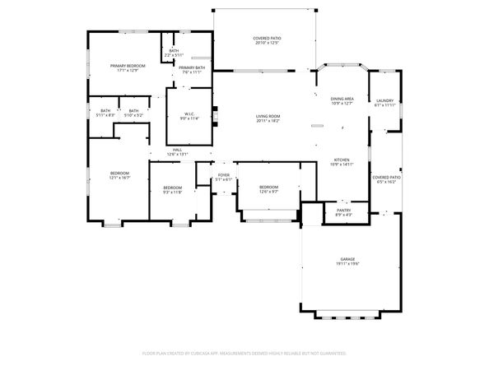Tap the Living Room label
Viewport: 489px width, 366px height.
(268, 117)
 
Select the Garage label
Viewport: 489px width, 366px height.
(348, 259)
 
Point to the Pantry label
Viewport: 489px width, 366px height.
(343, 211)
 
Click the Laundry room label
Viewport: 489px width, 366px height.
(384, 100)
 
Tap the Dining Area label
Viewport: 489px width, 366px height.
(342, 98)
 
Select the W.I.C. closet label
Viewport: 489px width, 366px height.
(189, 114)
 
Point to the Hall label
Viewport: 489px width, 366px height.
(178, 150)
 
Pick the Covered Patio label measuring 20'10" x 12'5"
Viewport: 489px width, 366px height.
(267, 38)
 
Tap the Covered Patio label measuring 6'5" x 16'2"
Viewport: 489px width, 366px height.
(385, 177)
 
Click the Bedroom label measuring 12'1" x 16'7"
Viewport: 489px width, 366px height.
(120, 173)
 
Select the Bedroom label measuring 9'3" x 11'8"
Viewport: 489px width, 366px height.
(171, 187)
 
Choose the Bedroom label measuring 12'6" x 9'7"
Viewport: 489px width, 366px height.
(269, 187)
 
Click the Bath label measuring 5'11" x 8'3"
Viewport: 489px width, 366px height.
(105, 111)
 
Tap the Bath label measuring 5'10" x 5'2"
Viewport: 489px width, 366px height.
(133, 111)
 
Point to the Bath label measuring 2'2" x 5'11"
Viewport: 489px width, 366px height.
(174, 51)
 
